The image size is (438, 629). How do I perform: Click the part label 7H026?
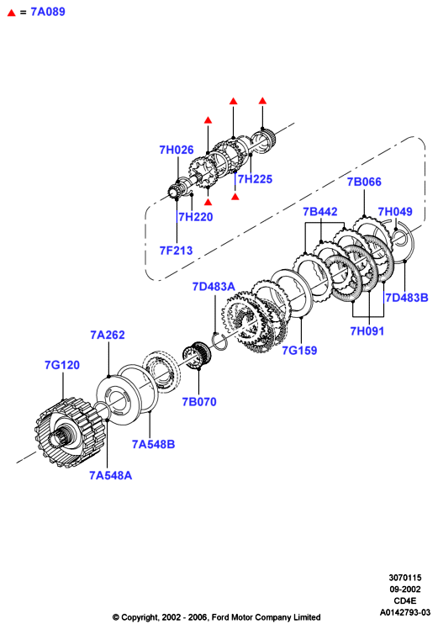coord(177,150)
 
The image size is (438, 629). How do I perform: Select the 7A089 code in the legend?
coord(48,12)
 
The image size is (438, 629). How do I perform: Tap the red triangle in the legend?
coord(12,13)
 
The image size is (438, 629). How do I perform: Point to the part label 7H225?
coord(255,179)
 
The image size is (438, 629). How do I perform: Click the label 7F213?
coord(176,251)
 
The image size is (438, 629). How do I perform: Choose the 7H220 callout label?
coord(196,217)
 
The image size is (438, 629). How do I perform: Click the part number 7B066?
coord(364,182)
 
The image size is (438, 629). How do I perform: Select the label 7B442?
coord(320,211)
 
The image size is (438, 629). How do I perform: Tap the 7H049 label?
coord(395,211)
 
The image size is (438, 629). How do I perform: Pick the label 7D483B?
coord(407,298)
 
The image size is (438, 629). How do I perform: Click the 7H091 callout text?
coord(367,331)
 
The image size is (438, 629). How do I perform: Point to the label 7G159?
coord(299,350)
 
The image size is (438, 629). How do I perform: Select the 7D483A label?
coord(214,287)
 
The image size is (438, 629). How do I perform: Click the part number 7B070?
coord(199,402)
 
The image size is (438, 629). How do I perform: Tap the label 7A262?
coord(108,335)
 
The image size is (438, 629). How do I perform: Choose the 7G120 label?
coord(62,365)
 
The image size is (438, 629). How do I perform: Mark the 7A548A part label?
coord(111,475)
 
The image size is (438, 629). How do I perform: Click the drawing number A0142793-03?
coord(405,612)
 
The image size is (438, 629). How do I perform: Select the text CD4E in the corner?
coord(405,600)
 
